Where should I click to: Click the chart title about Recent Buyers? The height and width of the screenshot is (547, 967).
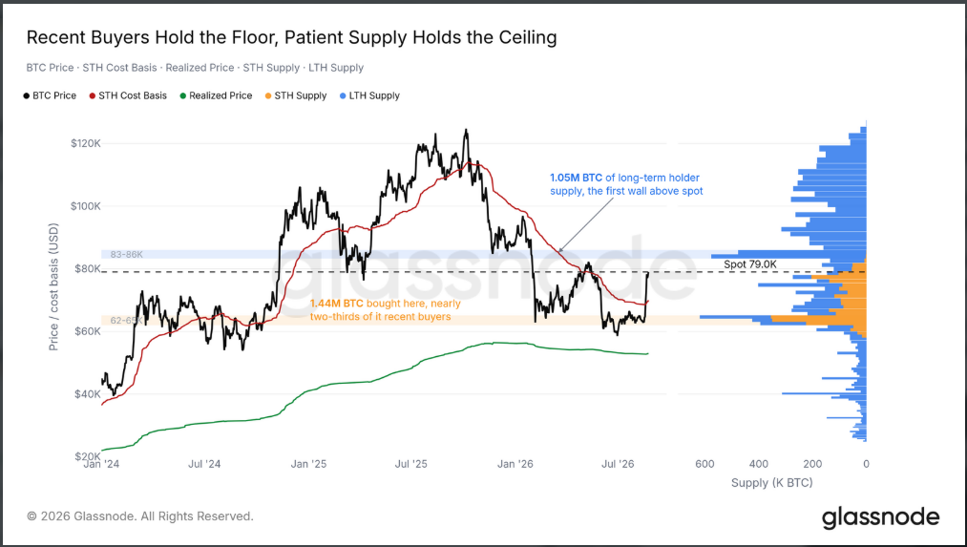coord(292,37)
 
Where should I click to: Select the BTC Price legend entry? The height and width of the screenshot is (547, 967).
coord(50,95)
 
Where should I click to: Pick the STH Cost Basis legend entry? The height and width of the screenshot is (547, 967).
coord(128,95)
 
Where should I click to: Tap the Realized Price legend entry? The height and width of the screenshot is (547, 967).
coord(216,95)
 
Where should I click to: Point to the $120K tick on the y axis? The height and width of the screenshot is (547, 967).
coord(86,144)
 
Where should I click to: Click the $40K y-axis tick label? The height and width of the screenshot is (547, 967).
coord(88,394)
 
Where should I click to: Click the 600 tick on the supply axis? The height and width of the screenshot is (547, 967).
coord(704,464)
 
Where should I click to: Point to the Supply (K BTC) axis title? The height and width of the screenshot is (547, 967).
coord(772,482)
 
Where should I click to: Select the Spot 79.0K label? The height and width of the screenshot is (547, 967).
coord(750,264)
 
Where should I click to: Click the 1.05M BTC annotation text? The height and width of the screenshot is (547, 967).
coord(626,184)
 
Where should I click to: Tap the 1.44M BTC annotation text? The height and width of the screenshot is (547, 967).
coord(386,310)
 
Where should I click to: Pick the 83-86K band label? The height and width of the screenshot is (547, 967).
coord(126,254)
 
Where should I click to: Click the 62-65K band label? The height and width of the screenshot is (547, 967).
coord(126,321)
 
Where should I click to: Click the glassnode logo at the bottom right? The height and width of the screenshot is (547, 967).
coord(881,517)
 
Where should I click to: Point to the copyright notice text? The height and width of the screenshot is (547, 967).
coord(140,516)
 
